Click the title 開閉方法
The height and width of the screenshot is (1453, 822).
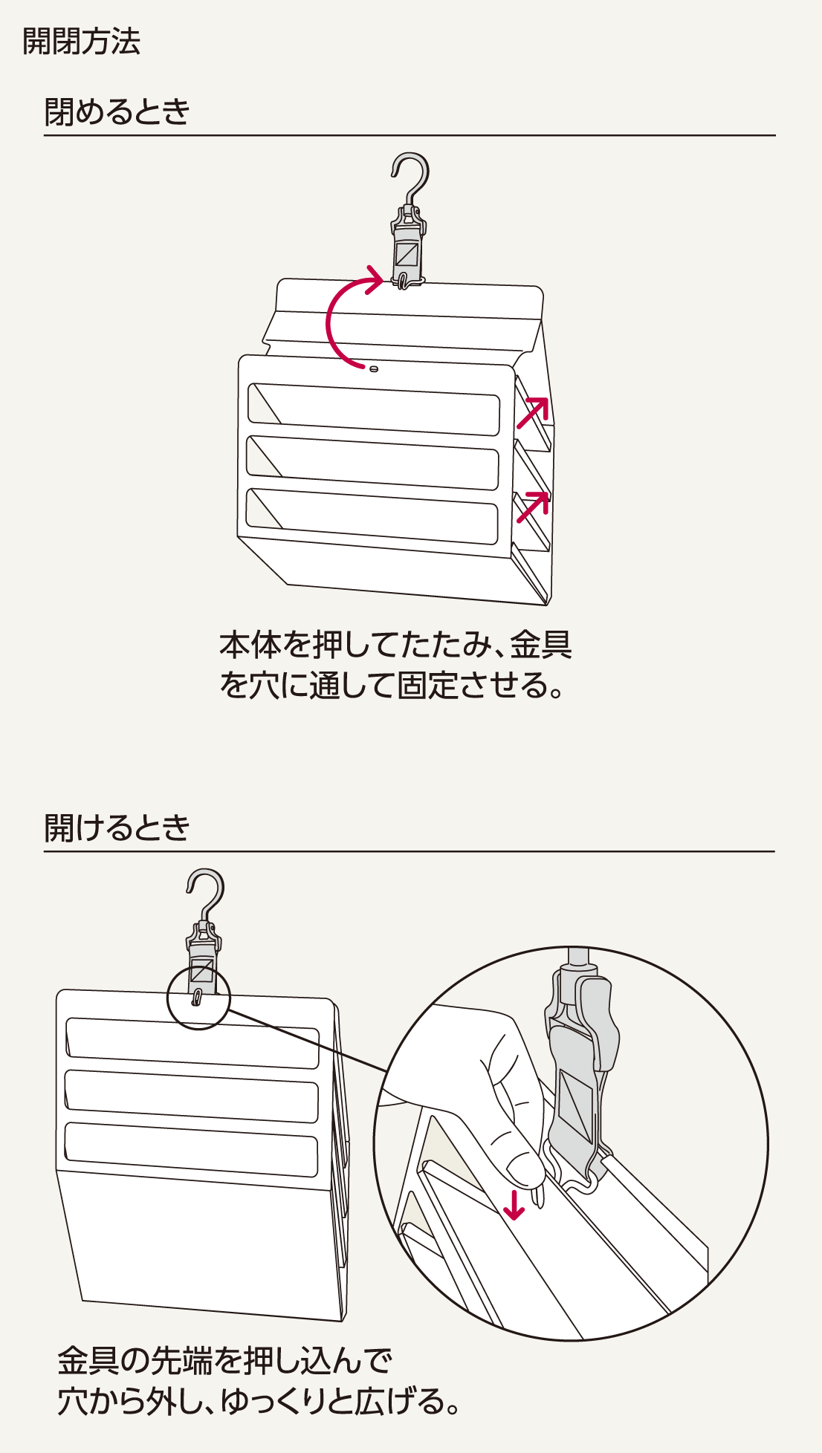[x=81, y=41]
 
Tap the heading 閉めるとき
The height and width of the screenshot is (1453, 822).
[x=117, y=112]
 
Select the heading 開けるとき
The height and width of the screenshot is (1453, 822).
[x=117, y=828]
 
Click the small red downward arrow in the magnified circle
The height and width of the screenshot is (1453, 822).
[x=514, y=1203]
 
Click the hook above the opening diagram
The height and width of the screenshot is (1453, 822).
[x=206, y=891]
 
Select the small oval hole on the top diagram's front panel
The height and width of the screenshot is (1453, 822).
[x=374, y=368]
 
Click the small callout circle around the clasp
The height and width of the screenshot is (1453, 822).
[x=198, y=997]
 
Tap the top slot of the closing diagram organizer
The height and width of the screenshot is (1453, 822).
[x=374, y=409]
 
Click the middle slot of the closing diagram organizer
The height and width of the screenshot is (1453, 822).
[x=373, y=462]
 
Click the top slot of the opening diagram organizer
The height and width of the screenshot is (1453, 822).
[x=192, y=1042]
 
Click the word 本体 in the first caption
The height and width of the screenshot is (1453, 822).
[x=250, y=645]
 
